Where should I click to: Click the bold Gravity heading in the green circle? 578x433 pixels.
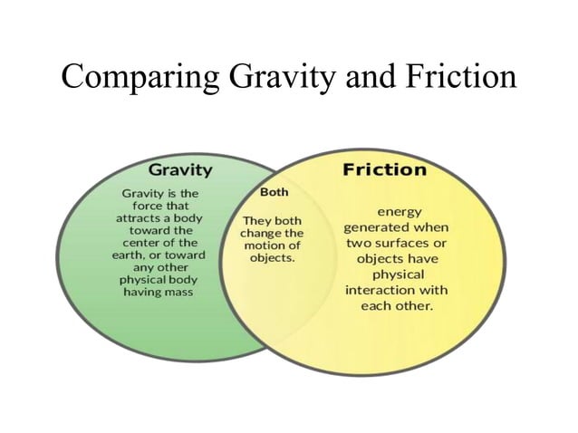point(180,169)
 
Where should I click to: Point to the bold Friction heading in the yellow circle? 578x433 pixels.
point(383,169)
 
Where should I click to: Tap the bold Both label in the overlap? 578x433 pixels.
point(274,193)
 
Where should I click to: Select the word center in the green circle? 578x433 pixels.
point(141,244)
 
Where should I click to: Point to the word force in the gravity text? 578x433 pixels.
point(142,207)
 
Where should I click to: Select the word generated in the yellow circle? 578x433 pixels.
point(377,226)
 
